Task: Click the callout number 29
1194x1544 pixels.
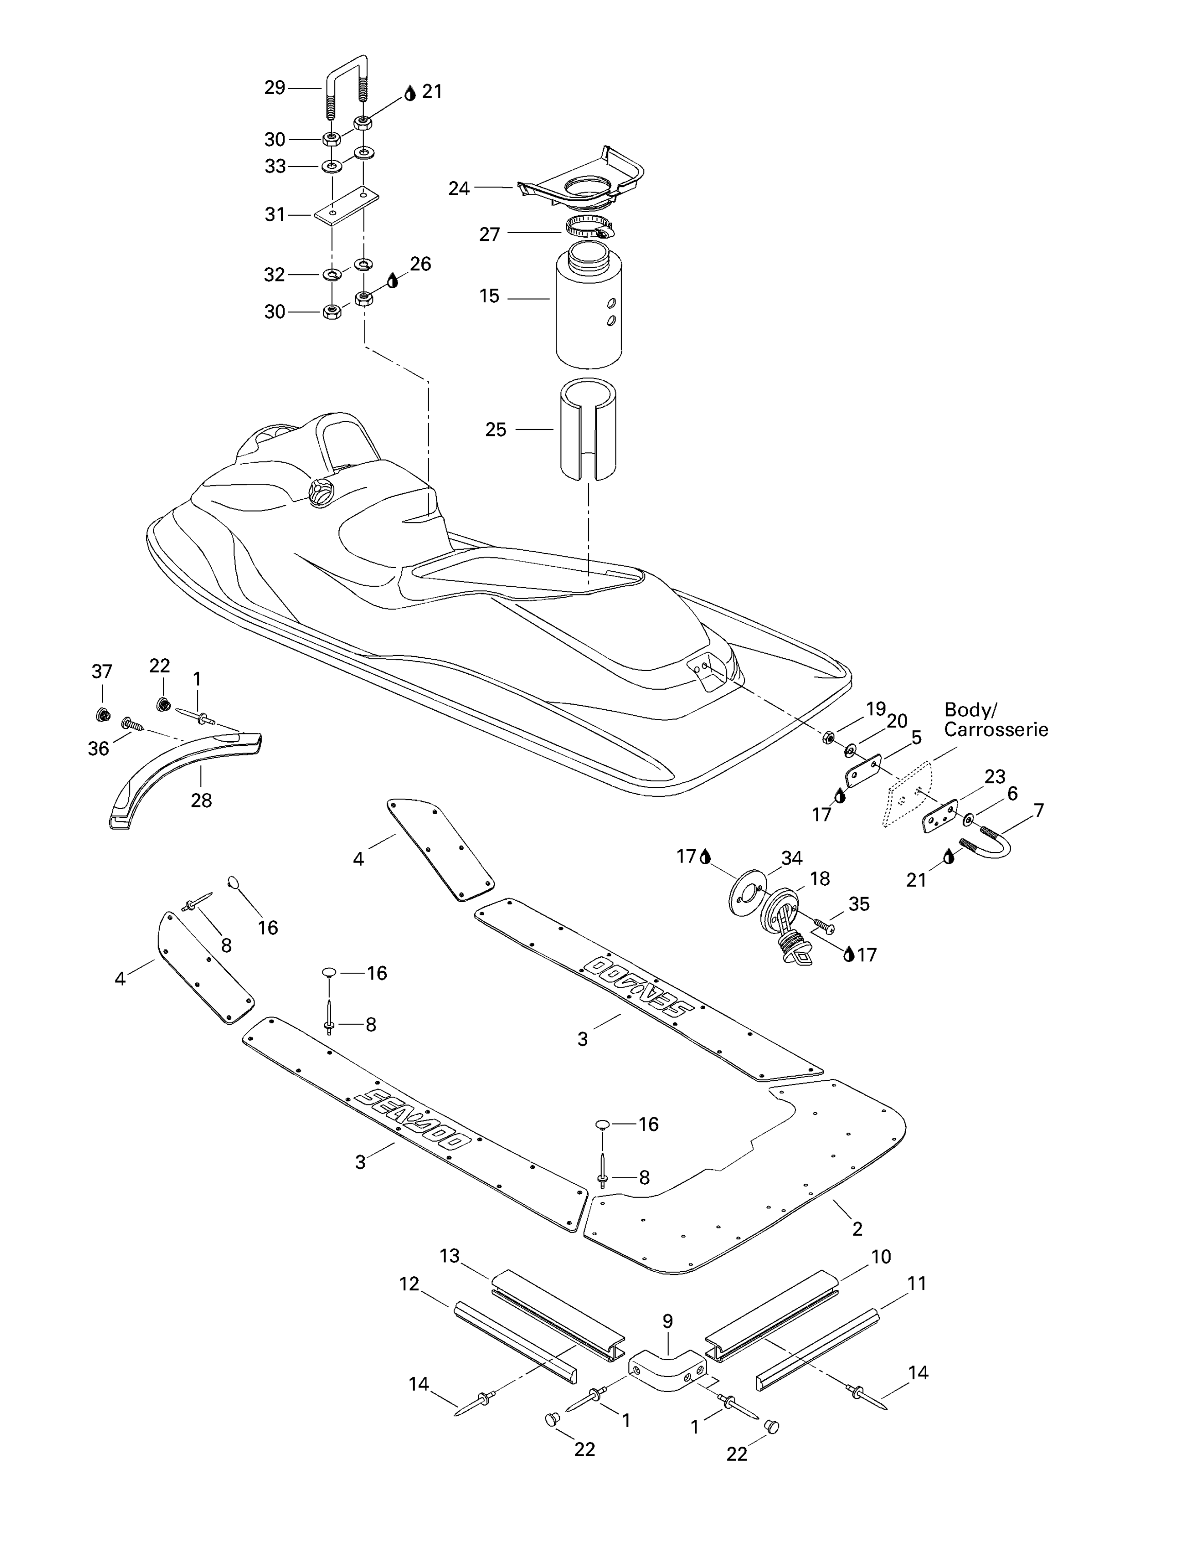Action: click(x=275, y=87)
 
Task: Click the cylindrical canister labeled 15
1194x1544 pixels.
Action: click(x=589, y=304)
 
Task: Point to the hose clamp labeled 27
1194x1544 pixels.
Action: click(x=589, y=227)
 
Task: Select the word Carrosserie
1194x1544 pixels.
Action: click(x=996, y=730)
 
